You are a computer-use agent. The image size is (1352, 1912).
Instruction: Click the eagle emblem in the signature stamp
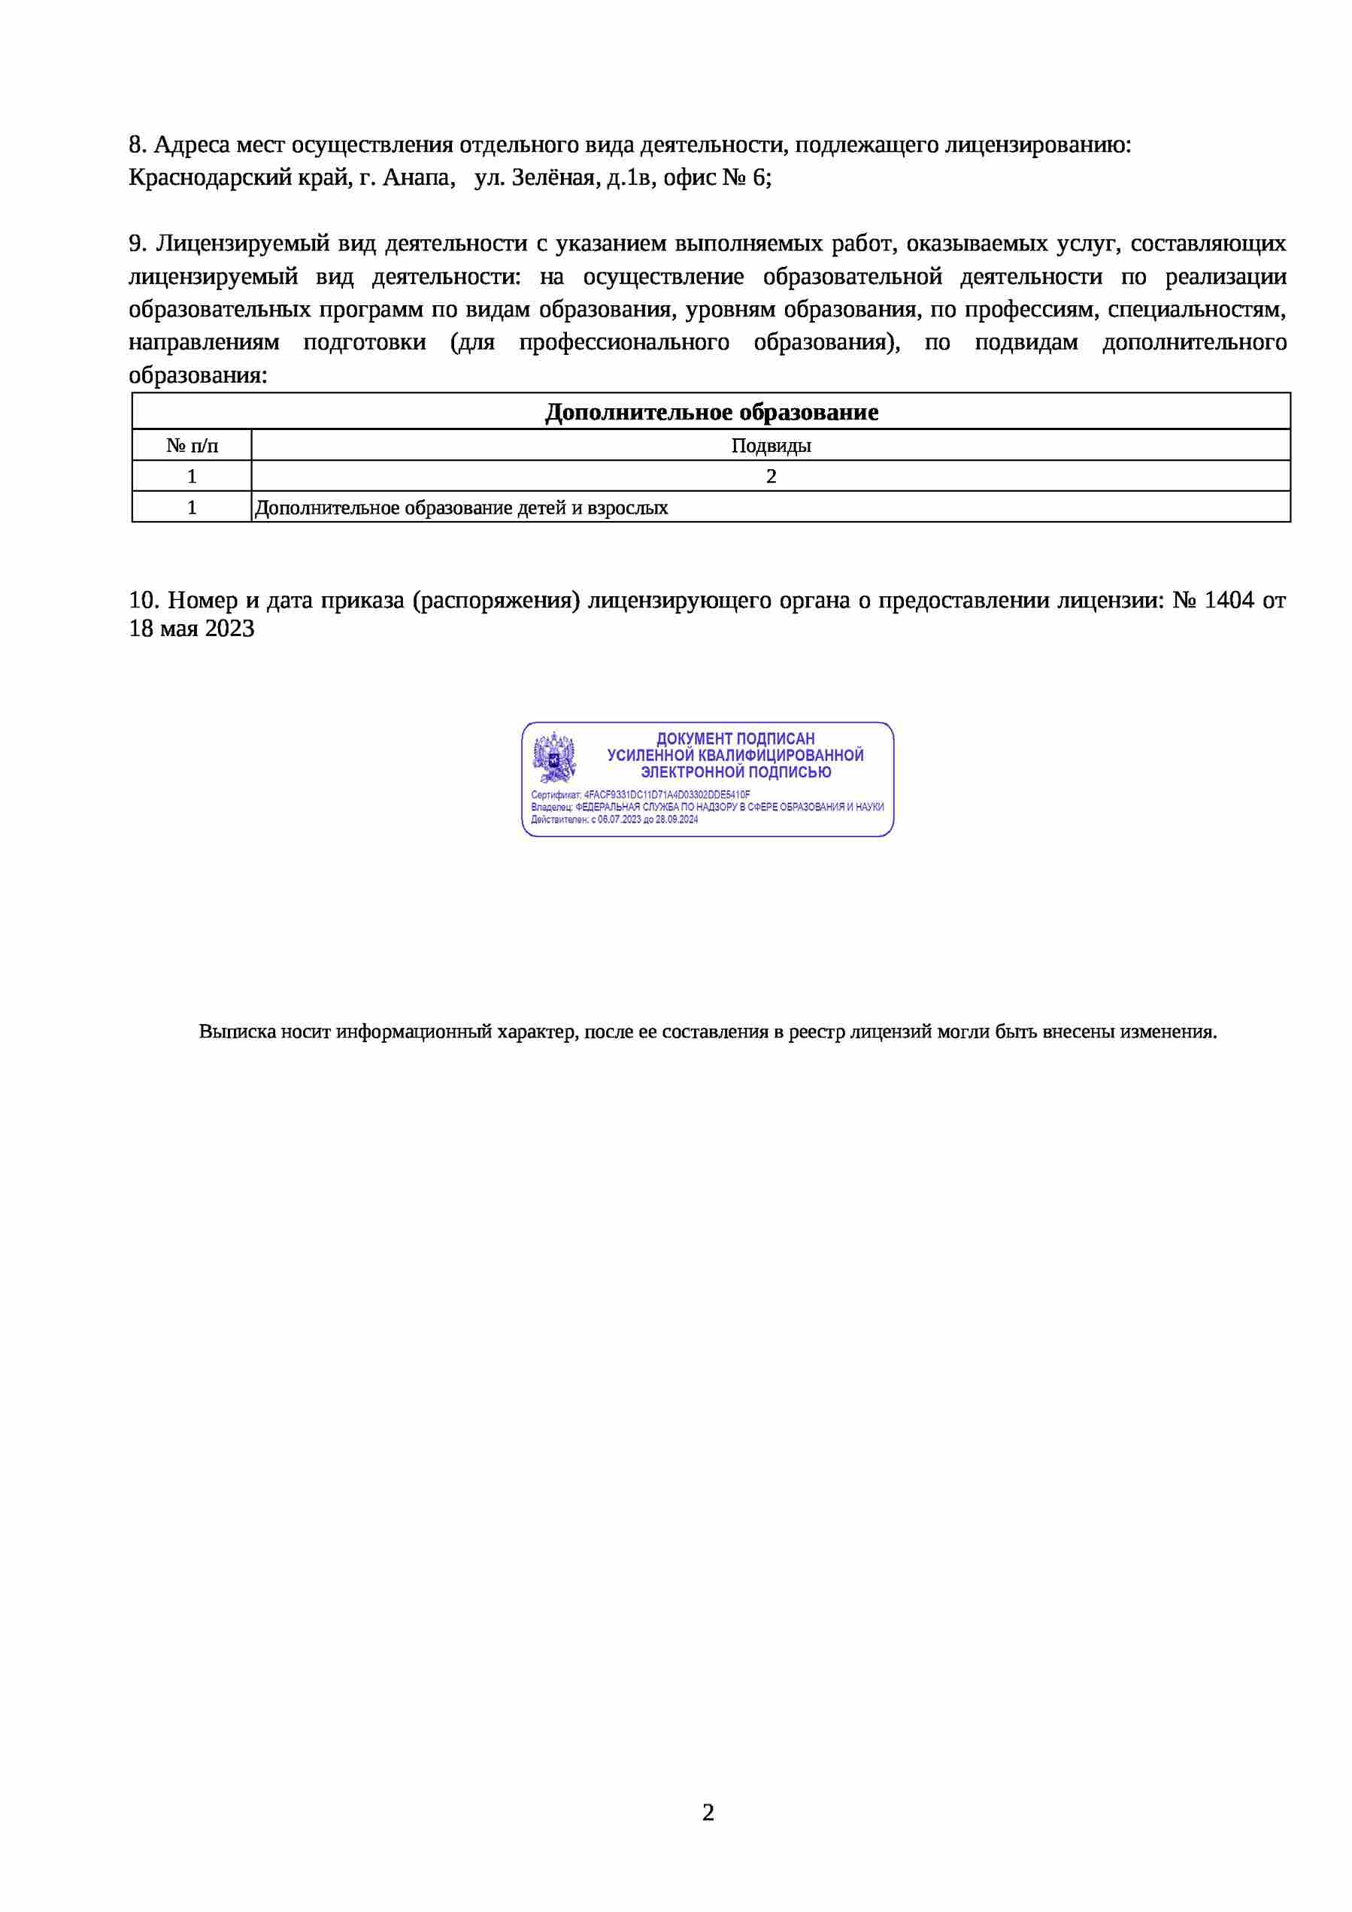tap(554, 756)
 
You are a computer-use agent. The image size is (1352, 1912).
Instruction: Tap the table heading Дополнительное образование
tap(711, 412)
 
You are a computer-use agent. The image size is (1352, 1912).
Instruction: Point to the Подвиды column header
tap(771, 446)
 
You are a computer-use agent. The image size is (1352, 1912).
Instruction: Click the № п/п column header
tap(192, 446)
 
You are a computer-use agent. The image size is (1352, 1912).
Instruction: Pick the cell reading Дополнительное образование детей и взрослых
tap(462, 508)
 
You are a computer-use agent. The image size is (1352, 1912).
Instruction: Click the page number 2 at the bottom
tap(708, 1812)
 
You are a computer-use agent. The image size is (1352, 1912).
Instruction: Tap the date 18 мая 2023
tap(192, 629)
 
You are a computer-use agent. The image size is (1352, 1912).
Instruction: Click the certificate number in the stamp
tap(666, 795)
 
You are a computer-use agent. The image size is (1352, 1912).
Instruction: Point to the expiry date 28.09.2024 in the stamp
tap(677, 820)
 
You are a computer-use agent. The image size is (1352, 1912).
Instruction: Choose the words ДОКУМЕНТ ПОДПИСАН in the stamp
tap(735, 738)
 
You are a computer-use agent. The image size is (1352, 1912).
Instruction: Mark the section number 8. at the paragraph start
tap(138, 145)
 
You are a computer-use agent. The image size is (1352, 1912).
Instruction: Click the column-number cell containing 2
tap(771, 477)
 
